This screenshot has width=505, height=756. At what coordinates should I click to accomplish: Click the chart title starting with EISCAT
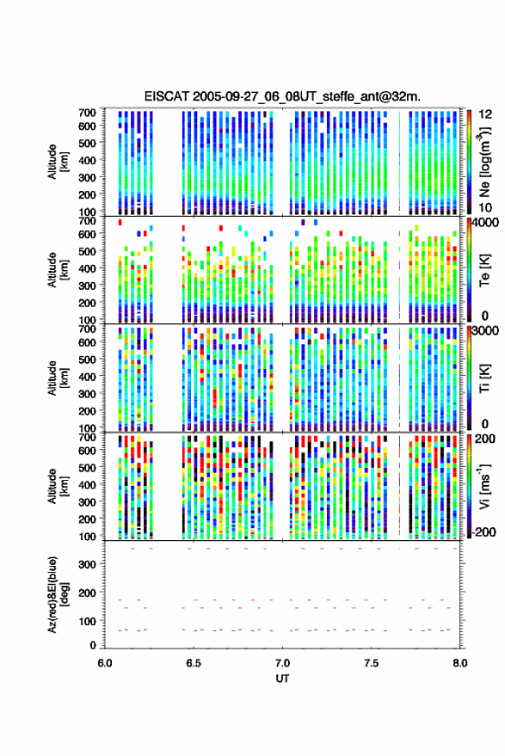282,96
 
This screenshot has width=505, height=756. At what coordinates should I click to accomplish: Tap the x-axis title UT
282,679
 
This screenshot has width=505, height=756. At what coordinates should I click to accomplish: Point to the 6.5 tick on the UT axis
194,663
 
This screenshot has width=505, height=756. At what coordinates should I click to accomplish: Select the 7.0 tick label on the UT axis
282,663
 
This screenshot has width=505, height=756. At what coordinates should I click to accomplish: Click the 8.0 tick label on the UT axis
460,663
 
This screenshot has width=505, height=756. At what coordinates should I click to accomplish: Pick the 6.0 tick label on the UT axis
105,663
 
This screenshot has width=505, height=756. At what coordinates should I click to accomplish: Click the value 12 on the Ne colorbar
486,114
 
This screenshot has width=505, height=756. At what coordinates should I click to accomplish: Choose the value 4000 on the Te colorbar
485,223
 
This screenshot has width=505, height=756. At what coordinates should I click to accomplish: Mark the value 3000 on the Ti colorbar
485,331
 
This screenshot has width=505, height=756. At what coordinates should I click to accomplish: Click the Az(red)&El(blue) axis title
59,594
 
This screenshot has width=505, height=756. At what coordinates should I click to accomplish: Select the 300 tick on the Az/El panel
87,564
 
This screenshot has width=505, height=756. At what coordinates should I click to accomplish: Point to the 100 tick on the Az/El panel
87,622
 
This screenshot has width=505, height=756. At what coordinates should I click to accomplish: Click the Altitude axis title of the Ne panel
59,162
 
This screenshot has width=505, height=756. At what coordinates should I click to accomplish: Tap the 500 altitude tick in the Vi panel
87,468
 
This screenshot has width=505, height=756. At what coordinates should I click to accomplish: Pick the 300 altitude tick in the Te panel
87,286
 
